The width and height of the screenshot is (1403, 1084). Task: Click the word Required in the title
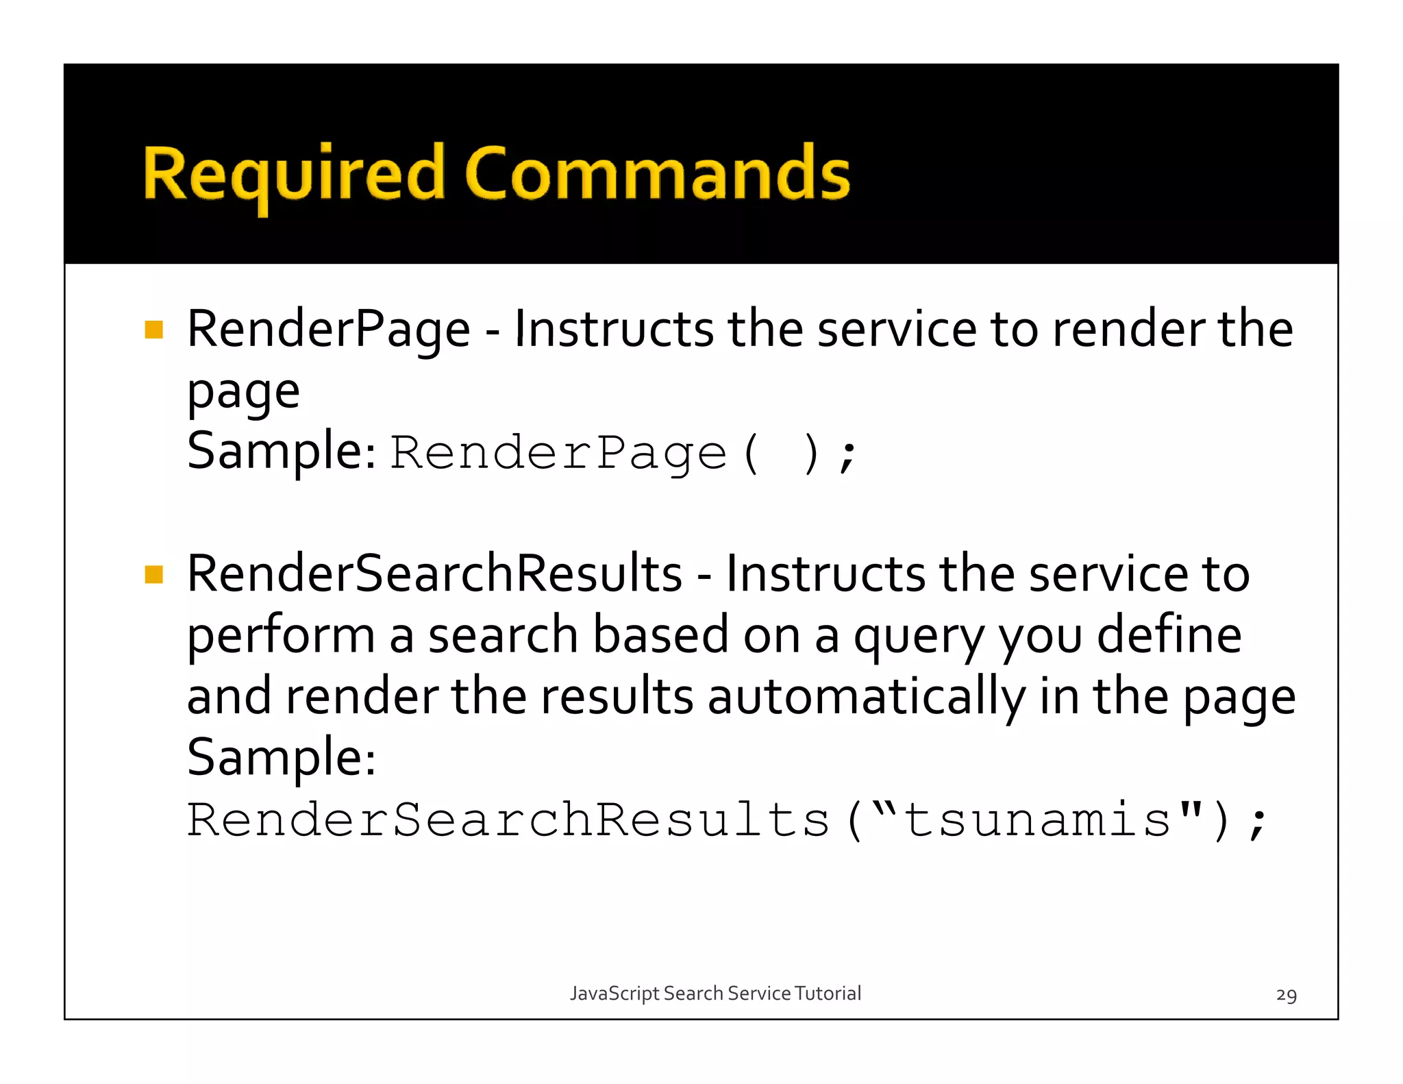pos(294,174)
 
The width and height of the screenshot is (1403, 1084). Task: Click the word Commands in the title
pos(657,174)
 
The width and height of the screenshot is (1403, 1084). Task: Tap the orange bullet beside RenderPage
pos(154,330)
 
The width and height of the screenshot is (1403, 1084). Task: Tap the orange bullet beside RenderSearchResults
pos(154,574)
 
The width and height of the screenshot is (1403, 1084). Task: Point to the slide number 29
pos(1286,995)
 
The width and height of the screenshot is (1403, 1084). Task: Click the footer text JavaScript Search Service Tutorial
pos(715,994)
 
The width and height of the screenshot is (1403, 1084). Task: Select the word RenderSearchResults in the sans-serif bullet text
pos(434,574)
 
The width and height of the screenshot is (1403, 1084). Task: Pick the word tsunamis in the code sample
pos(1038,820)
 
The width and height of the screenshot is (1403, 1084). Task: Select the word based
pos(660,635)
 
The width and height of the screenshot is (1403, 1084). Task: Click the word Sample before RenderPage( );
pos(281,452)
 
